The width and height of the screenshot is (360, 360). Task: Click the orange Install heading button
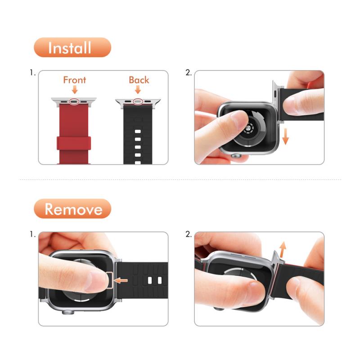[x=72, y=47]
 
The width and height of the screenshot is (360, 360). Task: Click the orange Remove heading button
[x=72, y=209]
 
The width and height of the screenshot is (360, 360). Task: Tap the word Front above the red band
[x=75, y=80]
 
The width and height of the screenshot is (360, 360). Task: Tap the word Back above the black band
[x=139, y=80]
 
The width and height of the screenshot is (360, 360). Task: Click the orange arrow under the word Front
[x=75, y=90]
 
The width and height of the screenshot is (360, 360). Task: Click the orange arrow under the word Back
[x=138, y=90]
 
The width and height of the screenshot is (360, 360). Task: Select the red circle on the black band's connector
[x=138, y=101]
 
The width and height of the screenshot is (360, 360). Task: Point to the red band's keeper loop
[x=74, y=143]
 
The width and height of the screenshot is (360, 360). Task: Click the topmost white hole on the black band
[x=138, y=131]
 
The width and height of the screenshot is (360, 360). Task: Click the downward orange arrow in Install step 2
[x=285, y=136]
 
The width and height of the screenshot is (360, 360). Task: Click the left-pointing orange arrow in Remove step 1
[x=121, y=280]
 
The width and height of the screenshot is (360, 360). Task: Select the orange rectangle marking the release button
[x=109, y=280]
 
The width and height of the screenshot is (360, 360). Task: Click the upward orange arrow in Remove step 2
[x=283, y=249]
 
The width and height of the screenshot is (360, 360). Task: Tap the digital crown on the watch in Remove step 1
[x=68, y=312]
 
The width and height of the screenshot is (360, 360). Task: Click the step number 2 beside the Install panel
[x=188, y=72]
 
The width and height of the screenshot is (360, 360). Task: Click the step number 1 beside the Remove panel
[x=32, y=234]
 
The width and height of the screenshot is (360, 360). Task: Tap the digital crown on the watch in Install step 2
[x=236, y=156]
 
